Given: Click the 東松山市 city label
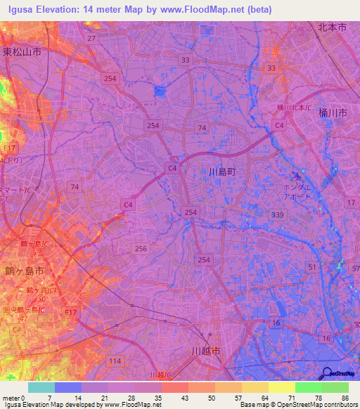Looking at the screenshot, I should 21,53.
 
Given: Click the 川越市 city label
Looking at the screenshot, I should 206,350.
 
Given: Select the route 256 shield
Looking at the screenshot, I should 141,248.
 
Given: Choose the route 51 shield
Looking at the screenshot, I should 311,266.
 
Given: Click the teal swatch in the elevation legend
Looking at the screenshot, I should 41,387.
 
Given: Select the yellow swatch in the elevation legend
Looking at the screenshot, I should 281,387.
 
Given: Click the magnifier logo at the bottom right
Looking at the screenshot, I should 328,374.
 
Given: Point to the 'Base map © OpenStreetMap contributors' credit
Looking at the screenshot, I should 297,405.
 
